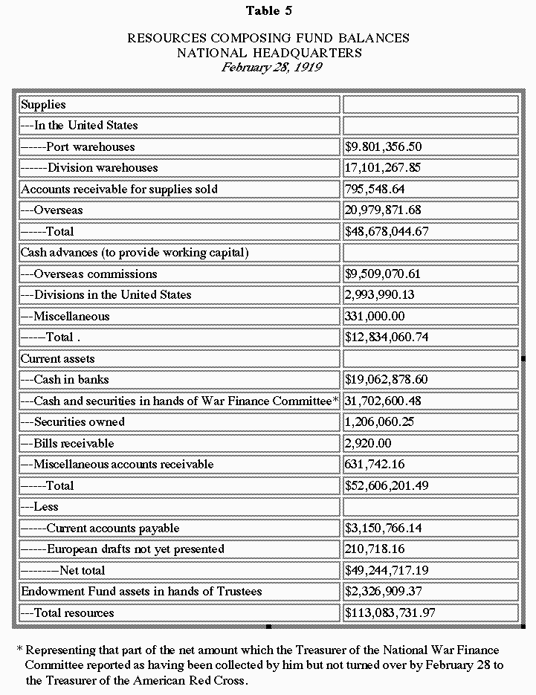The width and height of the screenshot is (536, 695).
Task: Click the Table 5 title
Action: pyautogui.click(x=268, y=11)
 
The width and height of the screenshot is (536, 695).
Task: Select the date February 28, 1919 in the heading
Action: pyautogui.click(x=268, y=67)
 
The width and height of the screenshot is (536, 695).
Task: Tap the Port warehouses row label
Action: pyautogui.click(x=90, y=146)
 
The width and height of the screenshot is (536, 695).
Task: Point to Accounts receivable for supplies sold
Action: pyautogui.click(x=119, y=189)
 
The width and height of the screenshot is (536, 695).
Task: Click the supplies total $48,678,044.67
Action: pyautogui.click(x=397, y=231)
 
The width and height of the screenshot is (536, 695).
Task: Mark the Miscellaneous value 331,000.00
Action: pyautogui.click(x=375, y=316)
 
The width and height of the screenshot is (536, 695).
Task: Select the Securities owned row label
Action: pyautogui.click(x=79, y=421)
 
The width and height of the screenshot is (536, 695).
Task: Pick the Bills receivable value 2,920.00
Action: pyautogui.click(x=367, y=443)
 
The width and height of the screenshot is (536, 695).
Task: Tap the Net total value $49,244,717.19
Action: pyautogui.click(x=397, y=570)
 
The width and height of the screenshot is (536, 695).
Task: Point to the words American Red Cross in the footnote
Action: pyautogui.click(x=192, y=680)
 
